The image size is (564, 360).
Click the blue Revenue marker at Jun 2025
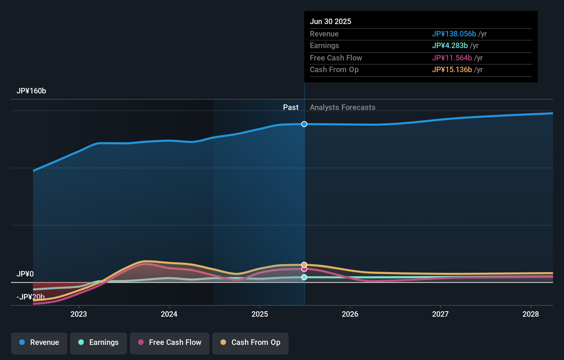304,124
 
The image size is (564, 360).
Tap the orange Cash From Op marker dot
304,265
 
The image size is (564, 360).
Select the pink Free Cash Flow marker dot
304,269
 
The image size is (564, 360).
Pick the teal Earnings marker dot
304,277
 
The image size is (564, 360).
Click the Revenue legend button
39,343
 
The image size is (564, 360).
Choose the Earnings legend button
99,343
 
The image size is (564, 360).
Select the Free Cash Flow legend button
170,343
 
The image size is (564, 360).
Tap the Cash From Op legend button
250,343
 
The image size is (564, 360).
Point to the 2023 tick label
79,314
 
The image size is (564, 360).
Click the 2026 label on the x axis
350,314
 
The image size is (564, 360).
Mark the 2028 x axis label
531,314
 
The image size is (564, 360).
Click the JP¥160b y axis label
31,91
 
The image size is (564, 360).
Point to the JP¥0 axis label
25,274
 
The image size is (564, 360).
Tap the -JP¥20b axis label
31,297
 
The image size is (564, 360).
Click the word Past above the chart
291,107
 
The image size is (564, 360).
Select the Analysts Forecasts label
342,107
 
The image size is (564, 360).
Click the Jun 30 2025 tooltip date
330,21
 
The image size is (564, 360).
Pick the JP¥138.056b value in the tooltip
454,34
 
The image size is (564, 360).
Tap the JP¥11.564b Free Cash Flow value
452,58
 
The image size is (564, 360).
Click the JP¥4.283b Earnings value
450,45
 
